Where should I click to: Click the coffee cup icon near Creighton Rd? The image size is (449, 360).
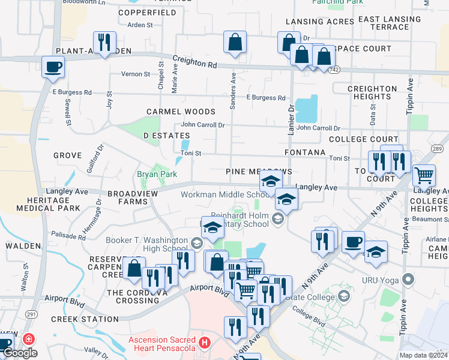tap(53, 67)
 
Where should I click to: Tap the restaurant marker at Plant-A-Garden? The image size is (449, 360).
tap(105, 42)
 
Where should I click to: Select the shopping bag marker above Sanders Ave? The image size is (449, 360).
tap(235, 42)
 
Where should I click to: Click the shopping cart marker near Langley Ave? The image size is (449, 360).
tap(424, 175)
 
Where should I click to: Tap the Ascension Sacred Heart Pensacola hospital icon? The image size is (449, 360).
tap(205, 343)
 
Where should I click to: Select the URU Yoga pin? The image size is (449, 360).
tap(409, 280)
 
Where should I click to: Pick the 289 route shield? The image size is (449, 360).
tap(437, 149)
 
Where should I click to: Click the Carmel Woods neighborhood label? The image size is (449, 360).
tap(181, 112)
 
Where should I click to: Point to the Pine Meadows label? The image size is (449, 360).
tap(259, 172)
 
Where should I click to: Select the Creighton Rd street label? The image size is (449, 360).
tap(194, 62)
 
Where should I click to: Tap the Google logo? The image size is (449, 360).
tap(20, 353)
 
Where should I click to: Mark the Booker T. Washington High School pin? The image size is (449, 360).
tap(197, 243)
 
